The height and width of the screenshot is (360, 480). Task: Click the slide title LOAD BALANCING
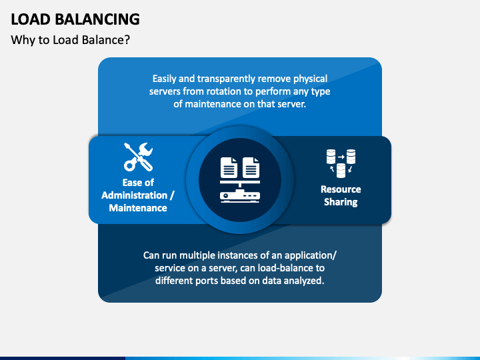[75, 19]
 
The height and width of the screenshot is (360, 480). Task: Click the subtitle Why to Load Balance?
[70, 40]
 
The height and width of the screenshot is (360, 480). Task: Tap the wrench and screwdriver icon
[138, 157]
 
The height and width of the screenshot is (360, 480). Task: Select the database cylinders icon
[341, 163]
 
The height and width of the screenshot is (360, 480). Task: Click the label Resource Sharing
[341, 195]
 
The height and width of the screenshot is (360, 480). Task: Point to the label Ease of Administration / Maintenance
[138, 195]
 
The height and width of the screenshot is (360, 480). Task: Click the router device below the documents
[239, 196]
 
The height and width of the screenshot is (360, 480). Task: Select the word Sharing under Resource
[341, 202]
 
